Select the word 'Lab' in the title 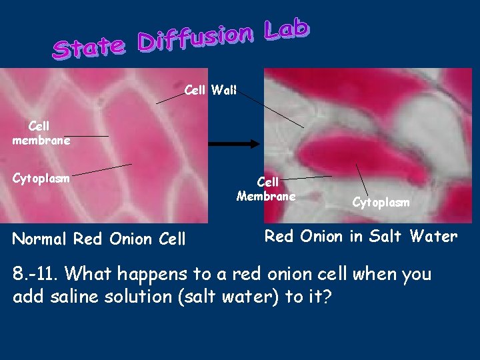click(x=286, y=29)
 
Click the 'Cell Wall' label click(x=210, y=90)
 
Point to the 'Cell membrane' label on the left click(x=41, y=133)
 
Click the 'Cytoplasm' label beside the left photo click(x=41, y=178)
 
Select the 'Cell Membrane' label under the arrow click(x=266, y=189)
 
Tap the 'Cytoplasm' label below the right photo click(x=381, y=202)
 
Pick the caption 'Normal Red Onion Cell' click(x=99, y=239)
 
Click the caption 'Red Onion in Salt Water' click(x=361, y=236)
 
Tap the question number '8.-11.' click(x=37, y=274)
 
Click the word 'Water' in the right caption click(x=434, y=236)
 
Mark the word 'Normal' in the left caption click(x=41, y=239)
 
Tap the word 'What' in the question click(x=91, y=274)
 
